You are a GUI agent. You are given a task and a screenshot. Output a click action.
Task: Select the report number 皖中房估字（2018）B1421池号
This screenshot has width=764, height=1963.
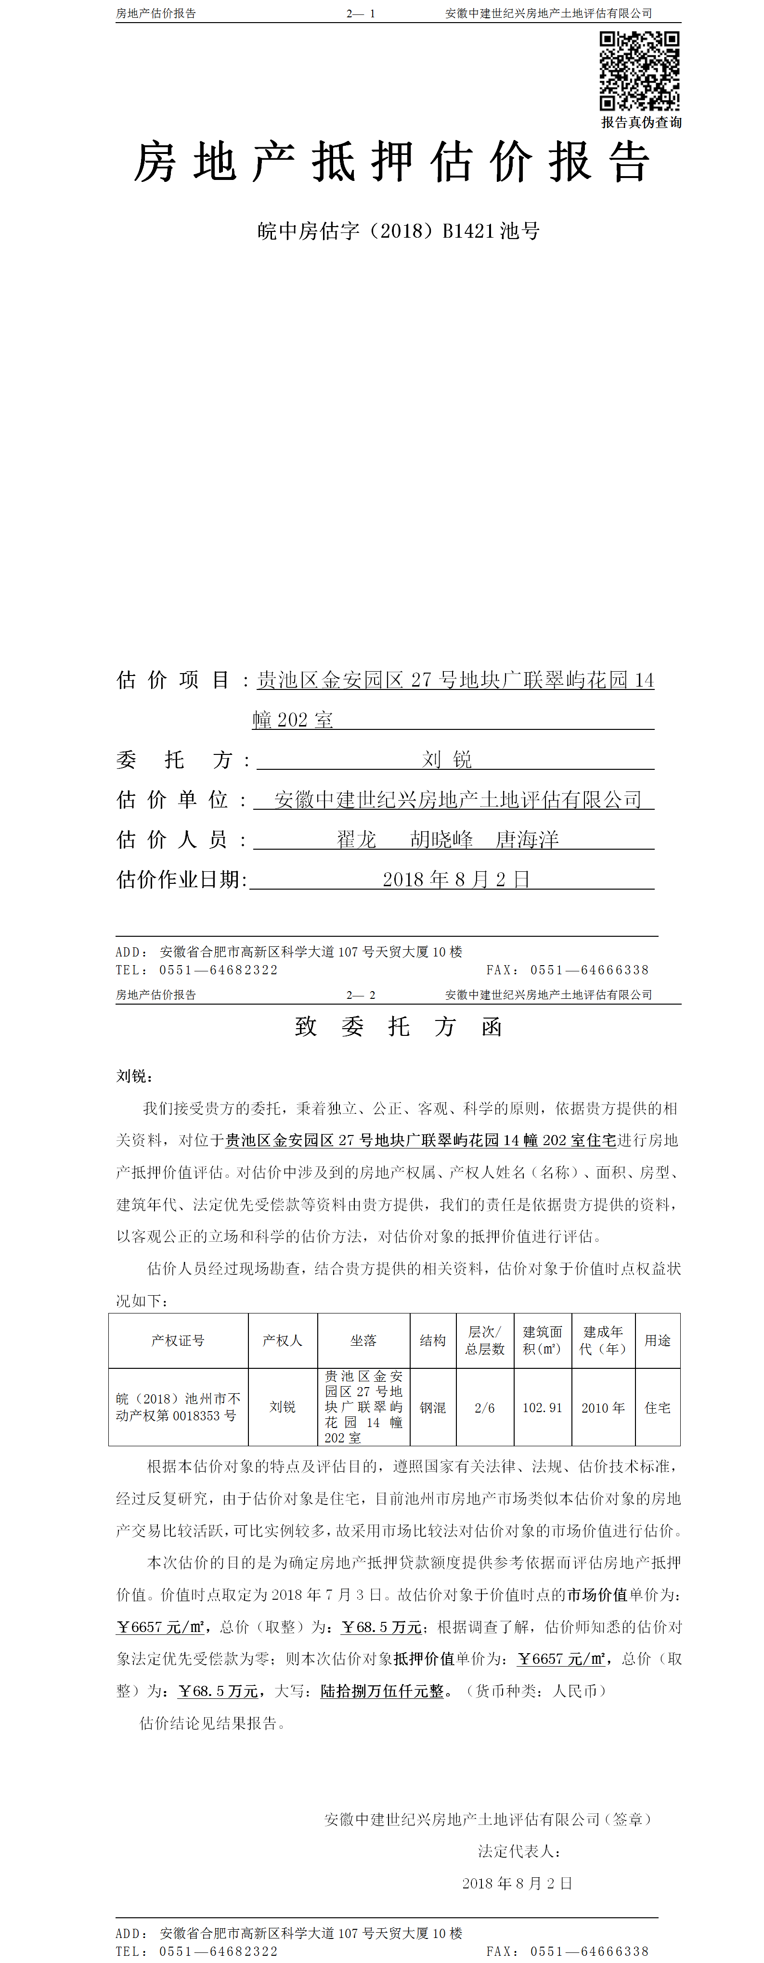398,231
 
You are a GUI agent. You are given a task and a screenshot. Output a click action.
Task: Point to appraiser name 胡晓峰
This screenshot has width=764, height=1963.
441,839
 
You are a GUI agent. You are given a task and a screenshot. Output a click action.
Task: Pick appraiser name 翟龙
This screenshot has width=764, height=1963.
357,839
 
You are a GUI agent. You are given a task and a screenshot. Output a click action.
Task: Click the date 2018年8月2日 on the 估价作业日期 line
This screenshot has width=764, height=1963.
455,880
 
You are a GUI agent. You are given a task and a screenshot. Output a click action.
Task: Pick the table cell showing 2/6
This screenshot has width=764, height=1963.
484,1407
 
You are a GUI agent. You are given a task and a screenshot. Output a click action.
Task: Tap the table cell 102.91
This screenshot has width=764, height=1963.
542,1407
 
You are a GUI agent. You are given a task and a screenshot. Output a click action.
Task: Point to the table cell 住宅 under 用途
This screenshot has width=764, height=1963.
657,1407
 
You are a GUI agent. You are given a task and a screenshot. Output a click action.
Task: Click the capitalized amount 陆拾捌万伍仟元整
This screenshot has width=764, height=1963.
382,1691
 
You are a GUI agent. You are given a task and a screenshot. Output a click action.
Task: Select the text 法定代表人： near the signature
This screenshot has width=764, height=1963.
519,1851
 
